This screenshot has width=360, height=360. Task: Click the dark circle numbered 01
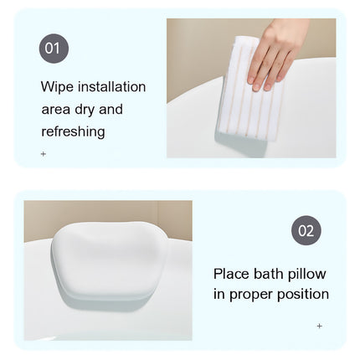[54, 49]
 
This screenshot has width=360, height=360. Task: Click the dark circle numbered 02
[306, 230]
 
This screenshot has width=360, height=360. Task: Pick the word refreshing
[73, 131]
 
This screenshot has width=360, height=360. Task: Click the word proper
[255, 295]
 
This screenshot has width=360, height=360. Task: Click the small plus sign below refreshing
[44, 154]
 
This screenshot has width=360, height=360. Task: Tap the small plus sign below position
[319, 326]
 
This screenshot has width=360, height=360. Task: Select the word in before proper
[219, 295]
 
